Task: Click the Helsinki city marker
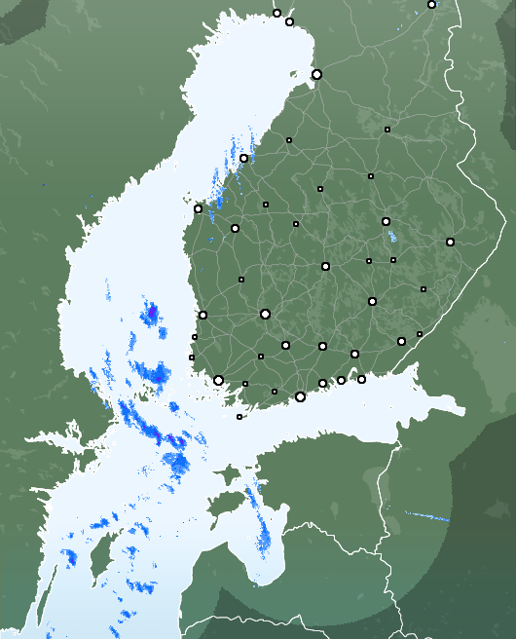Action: (x=300, y=396)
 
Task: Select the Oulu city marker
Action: (x=316, y=74)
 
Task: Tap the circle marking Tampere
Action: (x=265, y=314)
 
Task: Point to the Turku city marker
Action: (x=218, y=380)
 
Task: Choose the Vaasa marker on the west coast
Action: (x=198, y=208)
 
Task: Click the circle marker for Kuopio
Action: (x=386, y=221)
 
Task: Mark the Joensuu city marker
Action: (x=450, y=242)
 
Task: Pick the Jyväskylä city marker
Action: (x=325, y=266)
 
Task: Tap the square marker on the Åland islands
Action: (x=240, y=417)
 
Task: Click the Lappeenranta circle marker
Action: (x=401, y=341)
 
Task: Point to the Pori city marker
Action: (x=203, y=315)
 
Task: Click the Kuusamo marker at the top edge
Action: (x=431, y=4)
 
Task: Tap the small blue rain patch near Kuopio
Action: (x=392, y=236)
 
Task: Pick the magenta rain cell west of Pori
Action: (x=152, y=313)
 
